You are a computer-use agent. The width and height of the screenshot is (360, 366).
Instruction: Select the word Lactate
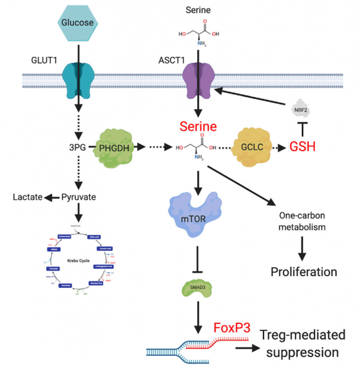point(28,198)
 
